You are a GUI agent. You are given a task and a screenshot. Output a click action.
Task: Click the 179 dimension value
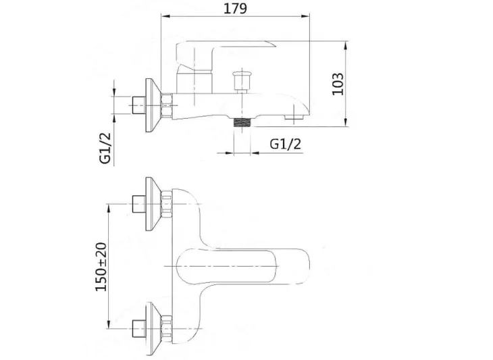[x=235, y=9]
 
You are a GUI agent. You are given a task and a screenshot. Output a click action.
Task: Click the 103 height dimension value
[x=338, y=84]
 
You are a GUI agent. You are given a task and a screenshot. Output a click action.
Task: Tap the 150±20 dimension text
[x=101, y=267]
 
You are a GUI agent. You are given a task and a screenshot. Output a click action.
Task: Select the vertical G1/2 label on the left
[x=105, y=148]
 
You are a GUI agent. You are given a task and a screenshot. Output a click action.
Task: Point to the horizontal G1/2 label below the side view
[x=286, y=144]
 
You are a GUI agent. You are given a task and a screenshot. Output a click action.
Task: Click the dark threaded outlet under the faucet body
[x=242, y=123]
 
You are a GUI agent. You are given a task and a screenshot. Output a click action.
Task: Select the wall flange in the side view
[x=153, y=105]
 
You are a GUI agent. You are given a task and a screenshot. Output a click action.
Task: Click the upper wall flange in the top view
[x=153, y=204]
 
